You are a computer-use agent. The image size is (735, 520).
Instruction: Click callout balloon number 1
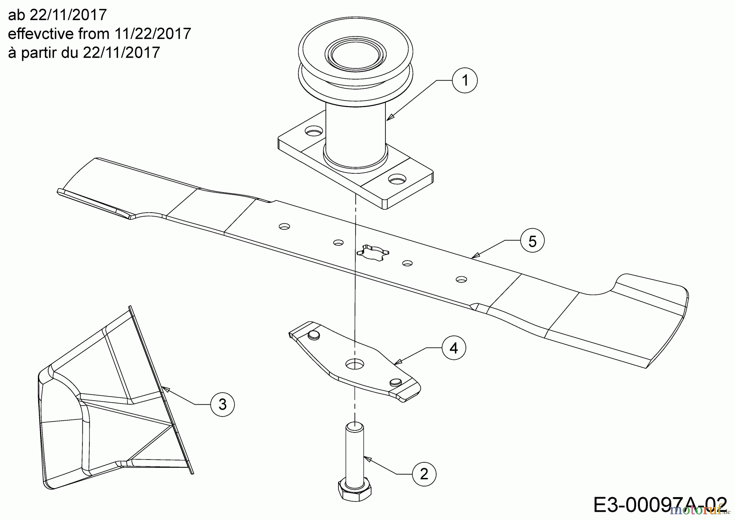465,81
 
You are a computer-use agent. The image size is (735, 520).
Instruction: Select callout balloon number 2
424,474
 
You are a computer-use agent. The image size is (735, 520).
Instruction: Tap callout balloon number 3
222,404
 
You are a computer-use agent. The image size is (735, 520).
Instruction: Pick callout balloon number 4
454,348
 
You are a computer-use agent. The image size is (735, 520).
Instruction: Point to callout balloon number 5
532,242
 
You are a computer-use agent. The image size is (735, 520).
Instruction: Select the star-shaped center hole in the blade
372,255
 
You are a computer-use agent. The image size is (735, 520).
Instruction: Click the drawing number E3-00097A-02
660,504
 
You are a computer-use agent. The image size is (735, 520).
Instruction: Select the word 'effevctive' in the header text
39,34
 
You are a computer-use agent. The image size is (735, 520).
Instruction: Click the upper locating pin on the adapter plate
313,335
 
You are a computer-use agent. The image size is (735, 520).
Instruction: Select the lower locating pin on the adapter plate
395,382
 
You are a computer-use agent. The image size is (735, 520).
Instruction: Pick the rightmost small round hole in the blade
461,279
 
